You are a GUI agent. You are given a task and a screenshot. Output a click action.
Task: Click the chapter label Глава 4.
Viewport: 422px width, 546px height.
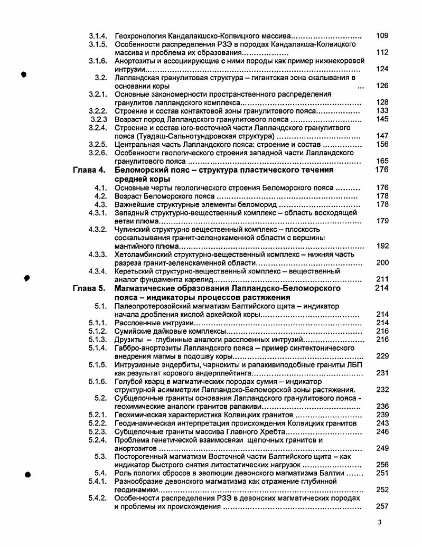(x=89, y=170)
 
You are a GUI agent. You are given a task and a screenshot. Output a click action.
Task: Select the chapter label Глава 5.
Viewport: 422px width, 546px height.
(x=89, y=288)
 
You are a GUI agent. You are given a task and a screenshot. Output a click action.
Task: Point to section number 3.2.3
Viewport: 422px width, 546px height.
(x=99, y=119)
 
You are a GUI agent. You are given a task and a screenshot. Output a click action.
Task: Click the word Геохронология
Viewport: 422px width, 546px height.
(x=139, y=35)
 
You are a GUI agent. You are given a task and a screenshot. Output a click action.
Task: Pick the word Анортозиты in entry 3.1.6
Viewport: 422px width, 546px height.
(x=134, y=61)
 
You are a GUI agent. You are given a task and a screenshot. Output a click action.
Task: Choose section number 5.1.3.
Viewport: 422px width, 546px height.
(x=98, y=339)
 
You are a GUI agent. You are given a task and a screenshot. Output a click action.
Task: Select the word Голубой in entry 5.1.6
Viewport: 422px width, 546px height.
(x=129, y=381)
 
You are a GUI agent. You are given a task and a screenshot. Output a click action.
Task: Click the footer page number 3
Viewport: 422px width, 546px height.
(x=379, y=523)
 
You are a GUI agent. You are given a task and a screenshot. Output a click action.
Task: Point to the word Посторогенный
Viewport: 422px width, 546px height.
(x=142, y=456)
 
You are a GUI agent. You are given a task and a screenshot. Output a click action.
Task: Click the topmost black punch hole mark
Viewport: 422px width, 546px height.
(x=24, y=74)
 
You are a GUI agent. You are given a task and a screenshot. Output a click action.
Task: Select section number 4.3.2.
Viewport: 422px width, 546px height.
(x=98, y=229)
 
